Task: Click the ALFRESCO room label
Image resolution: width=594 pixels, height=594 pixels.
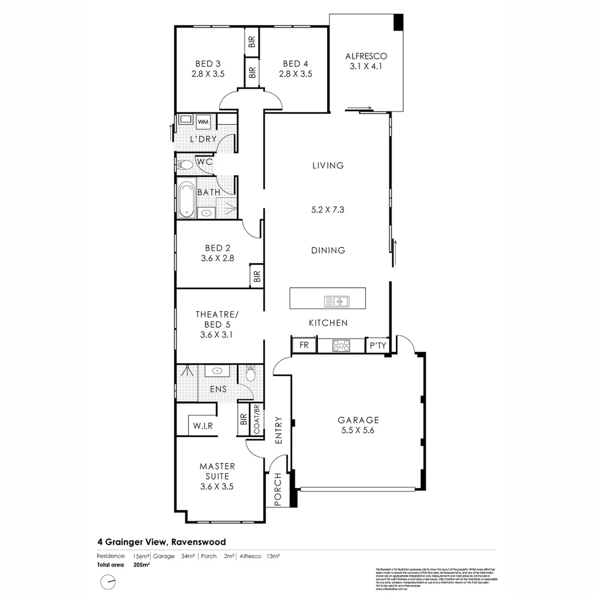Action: pos(366,56)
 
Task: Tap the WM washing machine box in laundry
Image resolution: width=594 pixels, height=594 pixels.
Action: pos(203,122)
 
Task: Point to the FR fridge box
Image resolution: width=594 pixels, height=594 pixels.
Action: pos(304,345)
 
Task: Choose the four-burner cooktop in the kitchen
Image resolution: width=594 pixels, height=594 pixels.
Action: pos(341,345)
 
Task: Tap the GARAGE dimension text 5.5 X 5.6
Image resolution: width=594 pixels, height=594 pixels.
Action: pos(358,431)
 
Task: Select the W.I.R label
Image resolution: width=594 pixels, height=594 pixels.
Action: pos(202,426)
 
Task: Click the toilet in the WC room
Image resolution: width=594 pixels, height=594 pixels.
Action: pos(186,164)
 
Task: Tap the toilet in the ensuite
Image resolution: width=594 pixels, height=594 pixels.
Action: pos(251,374)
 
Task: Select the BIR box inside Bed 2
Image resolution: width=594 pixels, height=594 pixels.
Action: pos(256,275)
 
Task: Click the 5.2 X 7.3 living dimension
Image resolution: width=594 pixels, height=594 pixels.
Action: pos(328,210)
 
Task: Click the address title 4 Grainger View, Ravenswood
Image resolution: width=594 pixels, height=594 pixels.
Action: pos(162,542)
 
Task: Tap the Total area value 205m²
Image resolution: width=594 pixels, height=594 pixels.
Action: pos(141,564)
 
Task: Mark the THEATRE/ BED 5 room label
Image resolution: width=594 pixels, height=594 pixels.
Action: pos(217,319)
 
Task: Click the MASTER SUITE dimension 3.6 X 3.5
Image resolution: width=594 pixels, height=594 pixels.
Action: pos(217,486)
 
